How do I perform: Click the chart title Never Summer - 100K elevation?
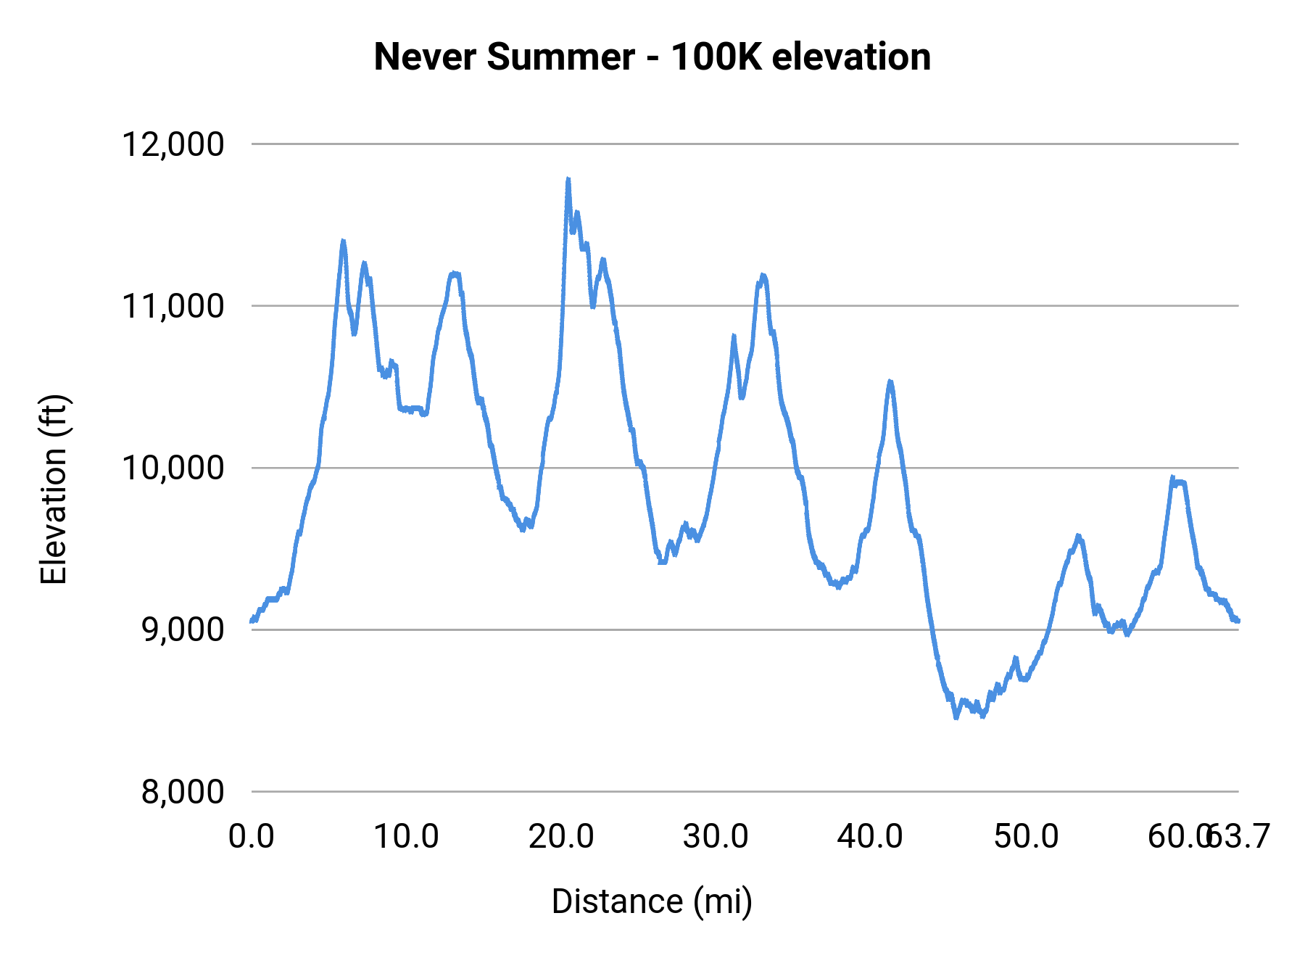click(x=652, y=57)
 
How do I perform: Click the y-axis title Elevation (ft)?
click(x=54, y=489)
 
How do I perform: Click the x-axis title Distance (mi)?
click(x=652, y=901)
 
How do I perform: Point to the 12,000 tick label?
click(x=173, y=144)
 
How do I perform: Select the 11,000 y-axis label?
click(x=173, y=306)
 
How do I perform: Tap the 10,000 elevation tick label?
click(x=173, y=468)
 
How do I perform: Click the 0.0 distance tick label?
click(x=251, y=836)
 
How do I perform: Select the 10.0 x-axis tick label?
click(x=406, y=836)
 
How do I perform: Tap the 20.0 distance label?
click(x=561, y=836)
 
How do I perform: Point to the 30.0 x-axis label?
click(x=716, y=836)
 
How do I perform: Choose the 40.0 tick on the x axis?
click(x=870, y=836)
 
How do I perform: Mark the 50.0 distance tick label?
click(x=1026, y=836)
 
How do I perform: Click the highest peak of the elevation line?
click(x=568, y=179)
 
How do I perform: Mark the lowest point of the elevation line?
click(x=956, y=717)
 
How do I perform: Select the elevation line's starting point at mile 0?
click(x=252, y=621)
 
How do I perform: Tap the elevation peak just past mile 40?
click(x=890, y=381)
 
